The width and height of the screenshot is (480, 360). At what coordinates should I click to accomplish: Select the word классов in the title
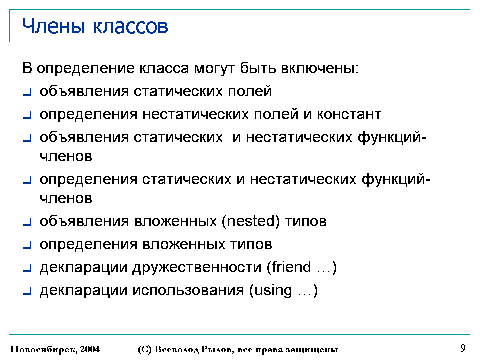click(130, 27)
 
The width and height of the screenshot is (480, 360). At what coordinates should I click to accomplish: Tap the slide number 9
click(463, 348)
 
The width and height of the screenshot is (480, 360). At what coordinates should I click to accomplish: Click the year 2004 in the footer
click(90, 349)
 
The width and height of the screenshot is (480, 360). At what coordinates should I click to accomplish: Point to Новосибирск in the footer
click(44, 349)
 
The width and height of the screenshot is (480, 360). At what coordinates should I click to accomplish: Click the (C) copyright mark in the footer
click(145, 349)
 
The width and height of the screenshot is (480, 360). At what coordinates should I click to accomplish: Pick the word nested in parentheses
click(251, 221)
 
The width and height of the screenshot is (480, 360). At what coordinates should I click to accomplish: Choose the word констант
click(349, 115)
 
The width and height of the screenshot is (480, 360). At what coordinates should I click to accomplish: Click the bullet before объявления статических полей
click(27, 92)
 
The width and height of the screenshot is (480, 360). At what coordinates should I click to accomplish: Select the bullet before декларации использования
click(27, 291)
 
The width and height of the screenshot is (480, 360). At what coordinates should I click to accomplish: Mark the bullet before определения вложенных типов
click(27, 245)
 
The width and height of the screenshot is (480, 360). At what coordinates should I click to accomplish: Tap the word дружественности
click(197, 267)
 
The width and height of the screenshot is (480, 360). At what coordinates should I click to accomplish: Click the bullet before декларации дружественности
click(27, 268)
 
